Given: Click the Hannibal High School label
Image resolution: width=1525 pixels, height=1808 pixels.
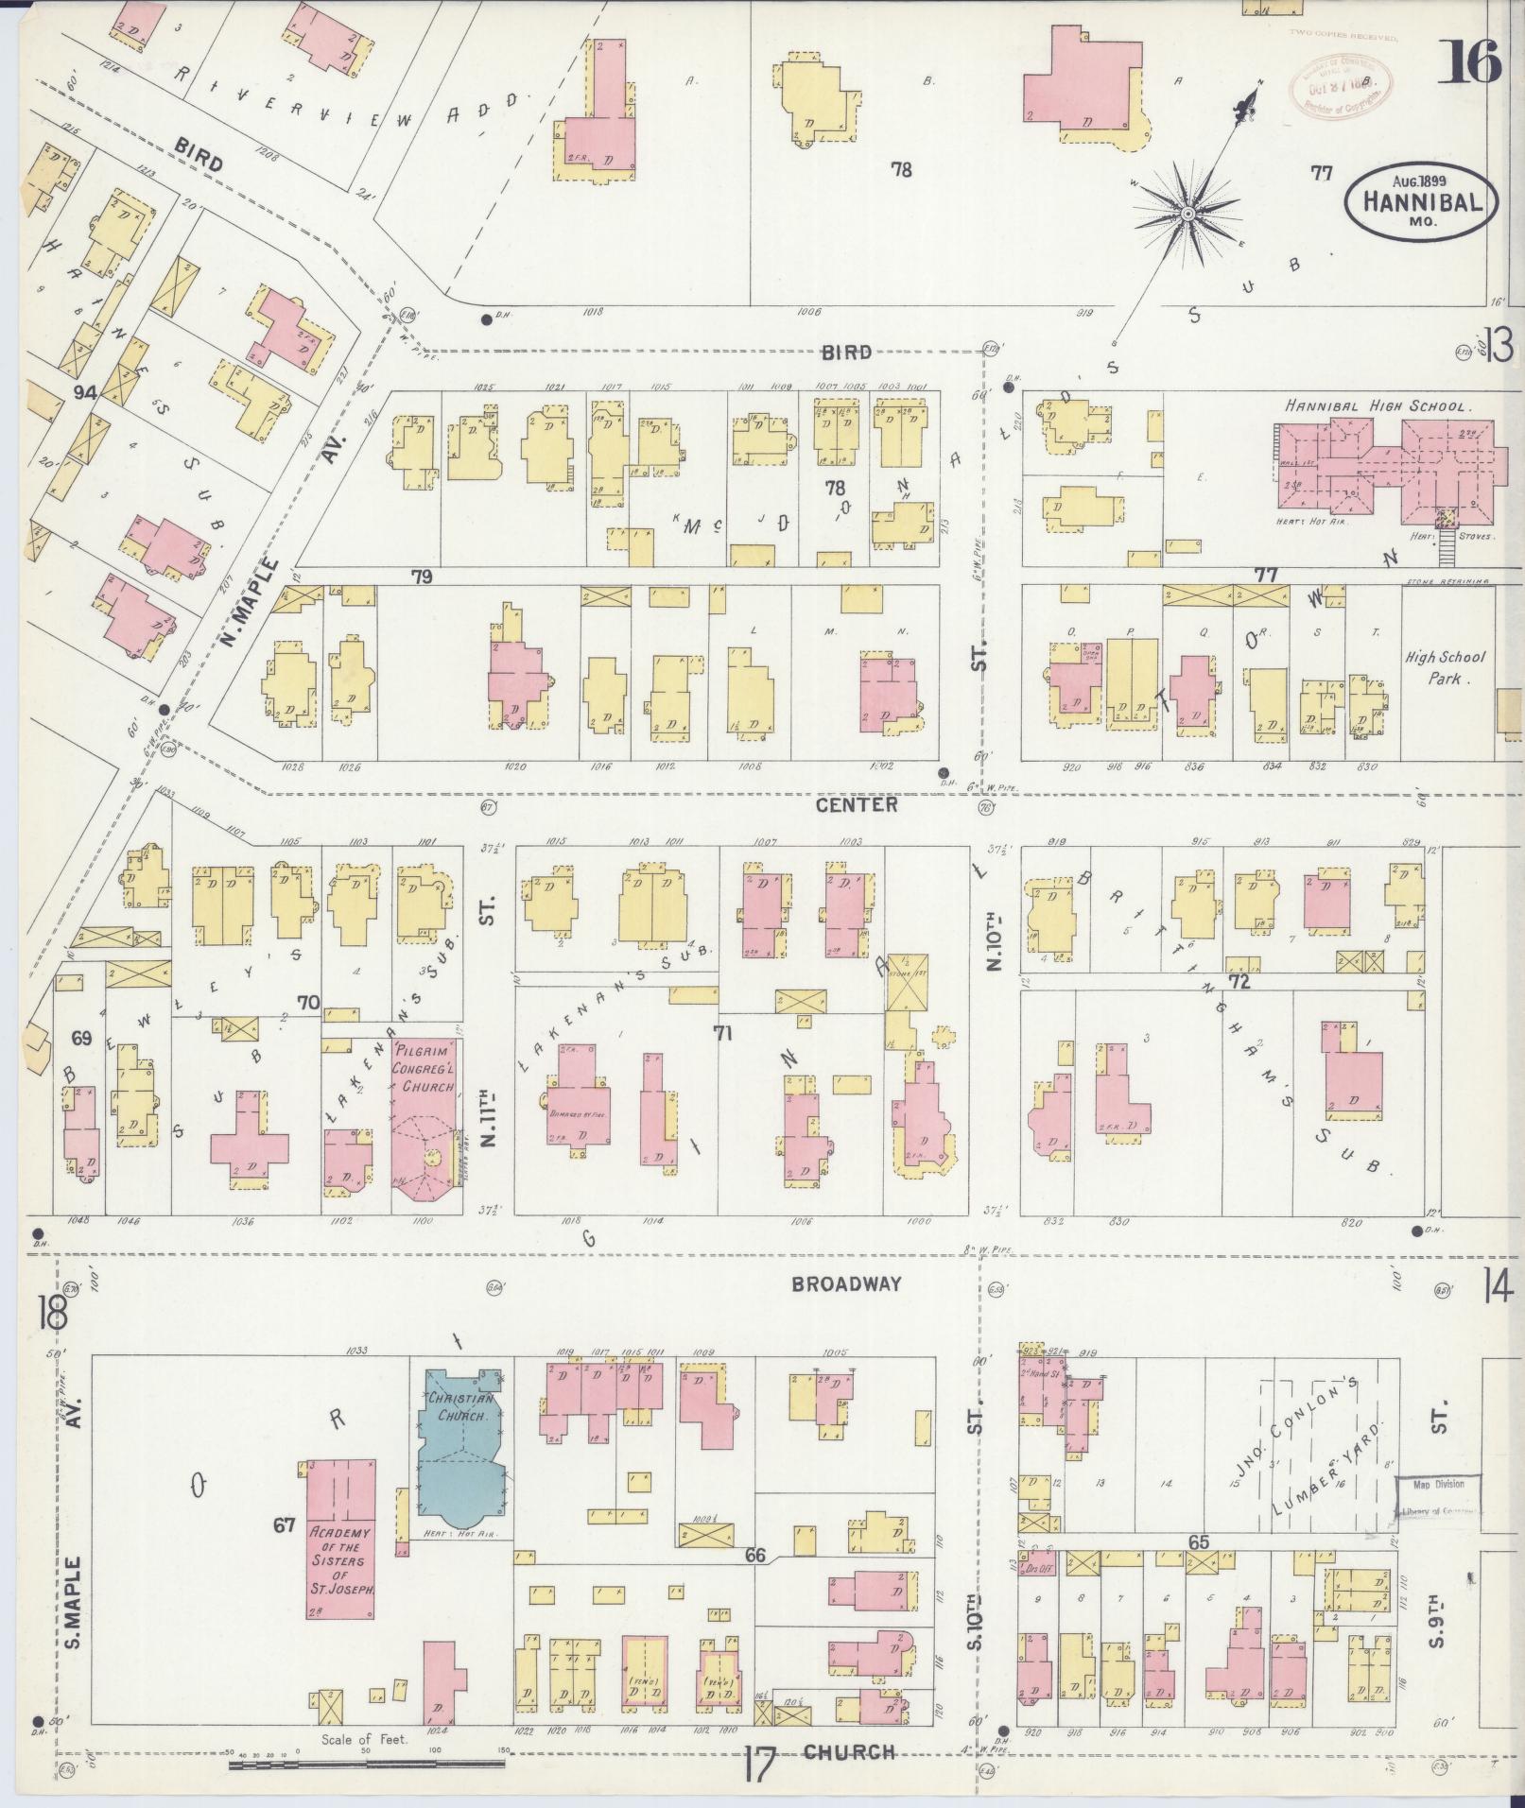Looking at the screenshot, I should [1375, 406].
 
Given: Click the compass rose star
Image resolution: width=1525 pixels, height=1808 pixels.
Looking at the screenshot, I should [1186, 215].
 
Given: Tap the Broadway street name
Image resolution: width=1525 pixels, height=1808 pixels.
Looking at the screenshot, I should [846, 1283].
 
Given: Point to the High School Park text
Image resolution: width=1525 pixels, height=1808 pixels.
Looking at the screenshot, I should [1445, 667].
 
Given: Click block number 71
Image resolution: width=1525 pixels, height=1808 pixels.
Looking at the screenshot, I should [723, 1033].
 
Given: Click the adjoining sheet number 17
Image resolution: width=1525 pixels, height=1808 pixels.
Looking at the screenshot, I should [758, 1763].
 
